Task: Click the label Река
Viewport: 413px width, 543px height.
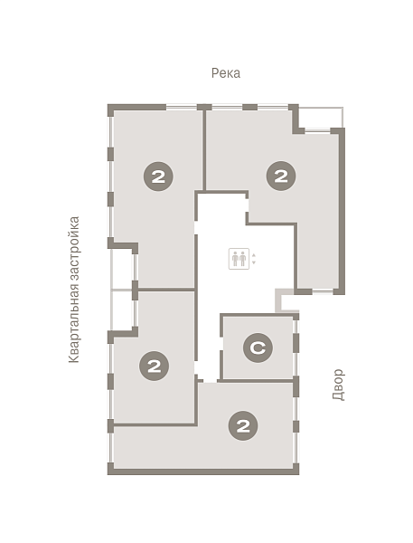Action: tap(226, 73)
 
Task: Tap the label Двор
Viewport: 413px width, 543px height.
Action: tap(338, 385)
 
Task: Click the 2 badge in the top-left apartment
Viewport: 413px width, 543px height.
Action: tap(158, 176)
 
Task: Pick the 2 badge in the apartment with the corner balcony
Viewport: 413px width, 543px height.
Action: tap(281, 176)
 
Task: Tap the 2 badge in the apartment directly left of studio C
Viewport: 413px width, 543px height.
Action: tap(154, 366)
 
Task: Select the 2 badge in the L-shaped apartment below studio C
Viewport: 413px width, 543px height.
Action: tap(243, 425)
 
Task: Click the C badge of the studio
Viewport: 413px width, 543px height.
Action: tap(258, 348)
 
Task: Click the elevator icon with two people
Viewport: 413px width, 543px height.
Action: tap(239, 259)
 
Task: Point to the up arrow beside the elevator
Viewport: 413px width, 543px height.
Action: tap(254, 255)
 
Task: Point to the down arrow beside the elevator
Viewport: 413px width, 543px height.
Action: tap(254, 262)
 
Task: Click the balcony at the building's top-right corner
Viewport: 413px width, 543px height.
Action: tap(321, 118)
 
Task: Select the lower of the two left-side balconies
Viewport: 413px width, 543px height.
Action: tap(122, 310)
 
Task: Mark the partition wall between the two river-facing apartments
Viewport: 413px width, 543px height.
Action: tap(204, 150)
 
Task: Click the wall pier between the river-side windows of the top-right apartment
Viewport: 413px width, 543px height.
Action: tap(249, 107)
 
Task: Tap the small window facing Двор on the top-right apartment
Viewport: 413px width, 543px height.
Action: tap(323, 292)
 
